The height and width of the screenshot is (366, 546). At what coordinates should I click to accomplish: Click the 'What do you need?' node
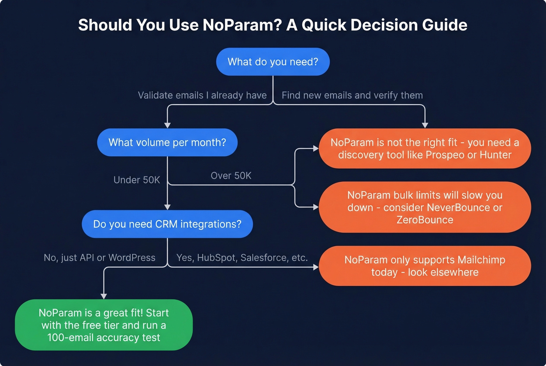click(273, 62)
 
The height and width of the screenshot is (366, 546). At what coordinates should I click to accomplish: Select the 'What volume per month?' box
click(167, 142)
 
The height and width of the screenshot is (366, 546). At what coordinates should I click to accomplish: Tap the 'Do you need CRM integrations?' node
click(167, 224)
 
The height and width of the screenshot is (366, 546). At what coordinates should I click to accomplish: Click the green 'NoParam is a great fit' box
click(104, 325)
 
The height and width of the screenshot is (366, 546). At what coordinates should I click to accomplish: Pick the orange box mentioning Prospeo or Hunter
click(425, 149)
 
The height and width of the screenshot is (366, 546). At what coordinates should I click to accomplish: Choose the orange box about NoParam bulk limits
click(425, 207)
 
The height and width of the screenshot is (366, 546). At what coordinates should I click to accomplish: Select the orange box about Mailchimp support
click(425, 266)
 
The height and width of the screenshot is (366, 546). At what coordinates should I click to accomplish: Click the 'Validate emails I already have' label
click(202, 95)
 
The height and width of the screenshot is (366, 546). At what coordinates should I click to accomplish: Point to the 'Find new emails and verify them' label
click(352, 95)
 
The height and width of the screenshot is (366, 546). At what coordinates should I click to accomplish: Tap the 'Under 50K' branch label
click(136, 180)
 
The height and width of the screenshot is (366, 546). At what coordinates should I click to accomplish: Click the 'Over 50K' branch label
click(231, 176)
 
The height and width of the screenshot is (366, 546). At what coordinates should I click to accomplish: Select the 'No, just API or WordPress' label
click(99, 258)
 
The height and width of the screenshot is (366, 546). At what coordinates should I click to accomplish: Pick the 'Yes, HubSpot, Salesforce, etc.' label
click(242, 258)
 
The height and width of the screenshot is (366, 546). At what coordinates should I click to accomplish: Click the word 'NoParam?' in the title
click(242, 25)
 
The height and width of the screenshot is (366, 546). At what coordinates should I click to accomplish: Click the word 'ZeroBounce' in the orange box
click(425, 220)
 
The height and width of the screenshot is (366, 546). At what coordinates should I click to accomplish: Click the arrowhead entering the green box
click(104, 296)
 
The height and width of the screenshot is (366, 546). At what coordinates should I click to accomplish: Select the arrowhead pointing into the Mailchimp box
click(316, 267)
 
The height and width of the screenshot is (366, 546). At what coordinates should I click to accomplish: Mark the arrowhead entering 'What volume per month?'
click(167, 125)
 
